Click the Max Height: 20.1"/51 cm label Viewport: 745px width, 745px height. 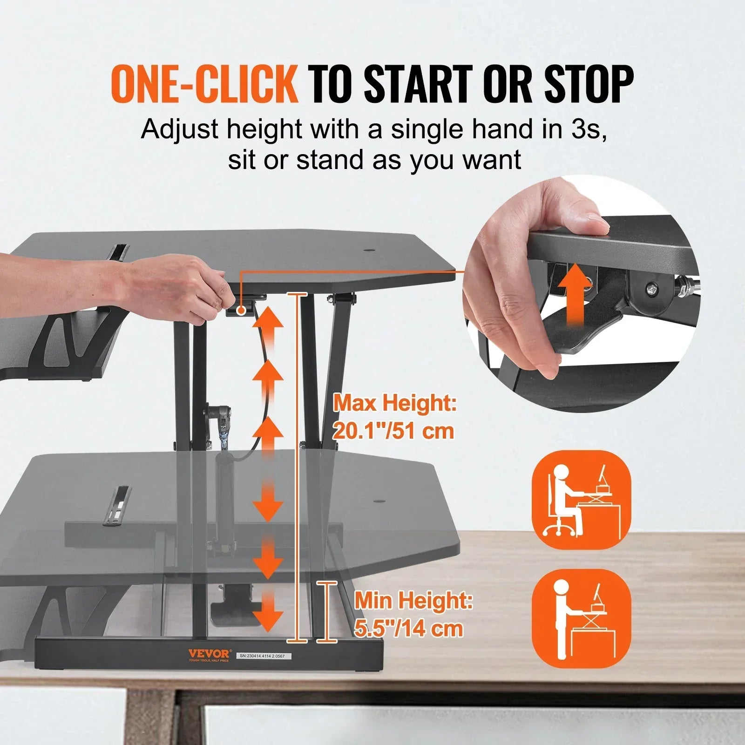click(x=394, y=417)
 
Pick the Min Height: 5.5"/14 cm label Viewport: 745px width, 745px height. click(x=413, y=614)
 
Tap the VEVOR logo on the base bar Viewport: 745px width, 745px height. click(x=209, y=654)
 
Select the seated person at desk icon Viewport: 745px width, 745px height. click(x=581, y=500)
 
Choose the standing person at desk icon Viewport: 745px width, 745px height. click(x=581, y=618)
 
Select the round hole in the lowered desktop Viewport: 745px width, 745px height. click(x=378, y=501)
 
